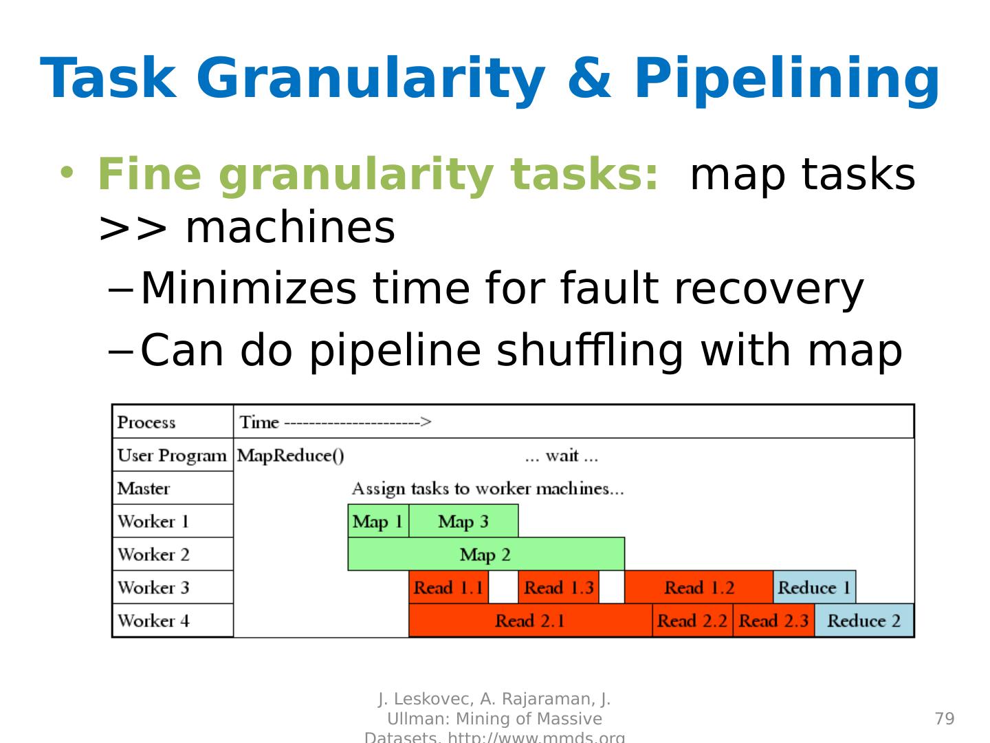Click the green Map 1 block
click(x=378, y=521)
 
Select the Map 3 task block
click(x=463, y=521)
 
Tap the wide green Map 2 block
click(x=485, y=554)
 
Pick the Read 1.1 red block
click(x=448, y=588)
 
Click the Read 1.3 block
click(x=558, y=588)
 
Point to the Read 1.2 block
click(x=698, y=588)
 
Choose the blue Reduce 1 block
click(x=814, y=588)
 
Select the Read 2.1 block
click(x=530, y=621)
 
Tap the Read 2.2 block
click(x=692, y=621)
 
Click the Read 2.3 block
click(x=773, y=621)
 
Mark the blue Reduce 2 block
click(x=863, y=621)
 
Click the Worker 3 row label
click(x=153, y=588)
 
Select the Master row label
click(x=144, y=488)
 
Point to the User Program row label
click(x=172, y=455)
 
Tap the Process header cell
click(x=146, y=422)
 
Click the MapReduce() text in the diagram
click(x=291, y=455)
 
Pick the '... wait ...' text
click(x=561, y=455)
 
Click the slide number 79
click(x=945, y=719)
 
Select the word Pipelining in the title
click(x=786, y=78)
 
